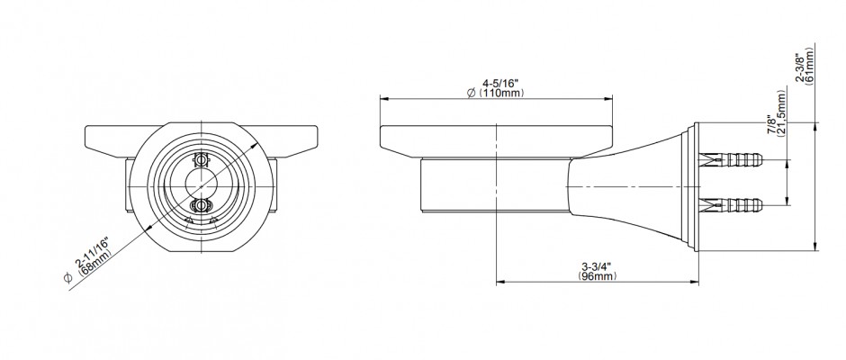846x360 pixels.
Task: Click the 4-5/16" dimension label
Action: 499,84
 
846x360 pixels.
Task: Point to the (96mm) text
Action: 598,276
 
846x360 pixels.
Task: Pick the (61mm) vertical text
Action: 809,64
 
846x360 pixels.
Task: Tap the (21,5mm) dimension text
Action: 782,114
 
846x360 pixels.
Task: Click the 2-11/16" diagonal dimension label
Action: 93,254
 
